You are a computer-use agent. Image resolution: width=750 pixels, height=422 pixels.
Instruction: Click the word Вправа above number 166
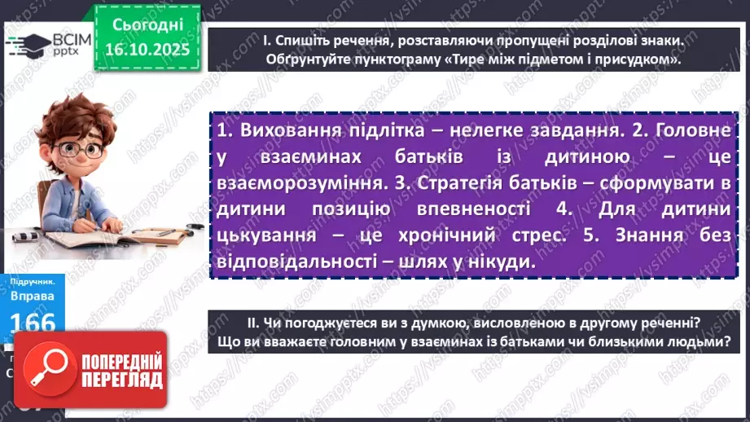32,297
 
